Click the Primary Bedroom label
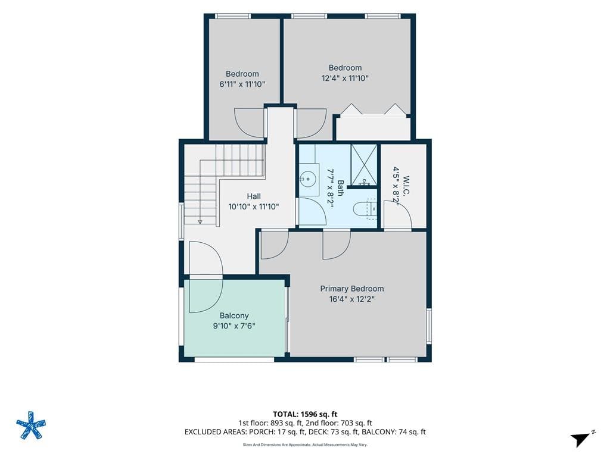(x=351, y=289)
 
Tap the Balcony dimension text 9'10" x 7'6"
(x=234, y=326)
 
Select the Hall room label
(x=254, y=196)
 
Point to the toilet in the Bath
(x=365, y=209)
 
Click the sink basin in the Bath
(x=308, y=179)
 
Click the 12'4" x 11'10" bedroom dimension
(x=345, y=78)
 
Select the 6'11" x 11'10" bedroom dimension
(x=242, y=84)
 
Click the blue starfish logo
(x=31, y=425)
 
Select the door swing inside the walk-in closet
(x=397, y=214)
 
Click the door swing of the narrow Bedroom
(x=250, y=123)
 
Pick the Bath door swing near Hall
(x=312, y=211)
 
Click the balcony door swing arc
(x=206, y=277)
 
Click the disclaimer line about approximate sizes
(x=305, y=445)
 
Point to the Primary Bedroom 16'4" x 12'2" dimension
(x=351, y=299)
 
